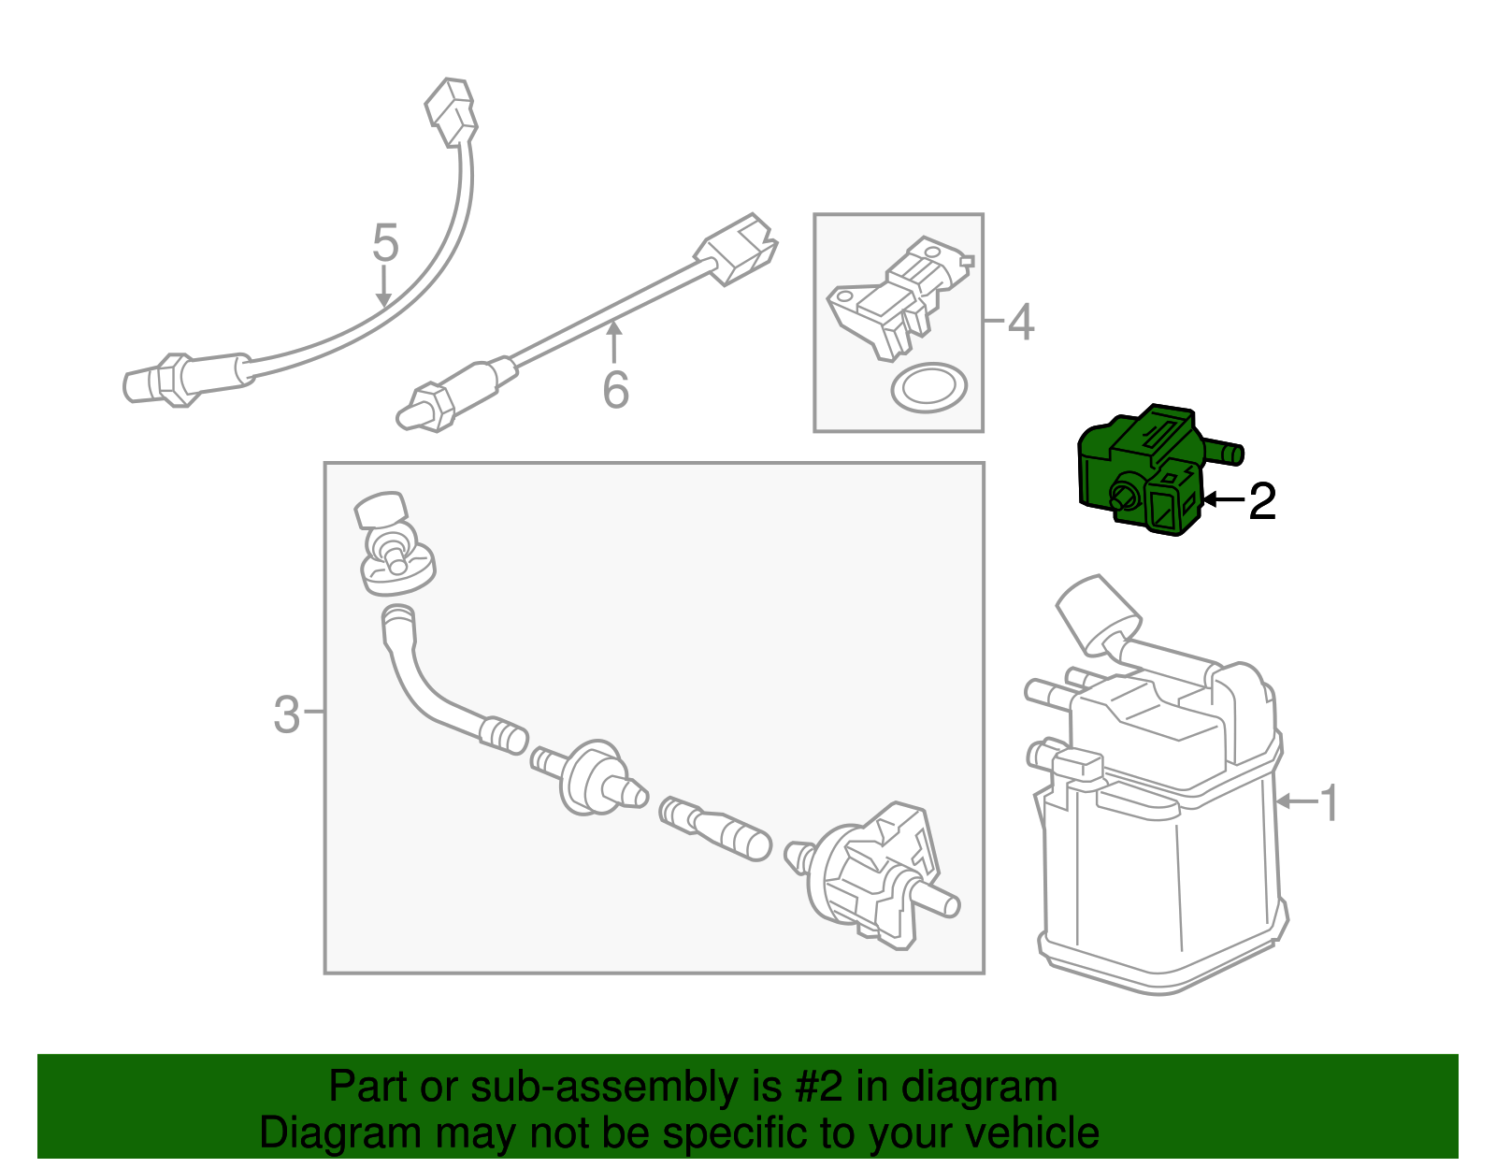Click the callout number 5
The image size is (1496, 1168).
point(385,243)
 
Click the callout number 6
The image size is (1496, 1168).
point(615,390)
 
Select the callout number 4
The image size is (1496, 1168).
point(1020,322)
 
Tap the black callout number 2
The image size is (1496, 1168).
point(1261,501)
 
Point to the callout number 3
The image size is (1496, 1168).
point(286,714)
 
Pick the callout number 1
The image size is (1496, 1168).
point(1329,802)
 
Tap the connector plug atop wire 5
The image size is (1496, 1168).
point(452,111)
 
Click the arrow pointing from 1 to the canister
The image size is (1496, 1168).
point(1295,801)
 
